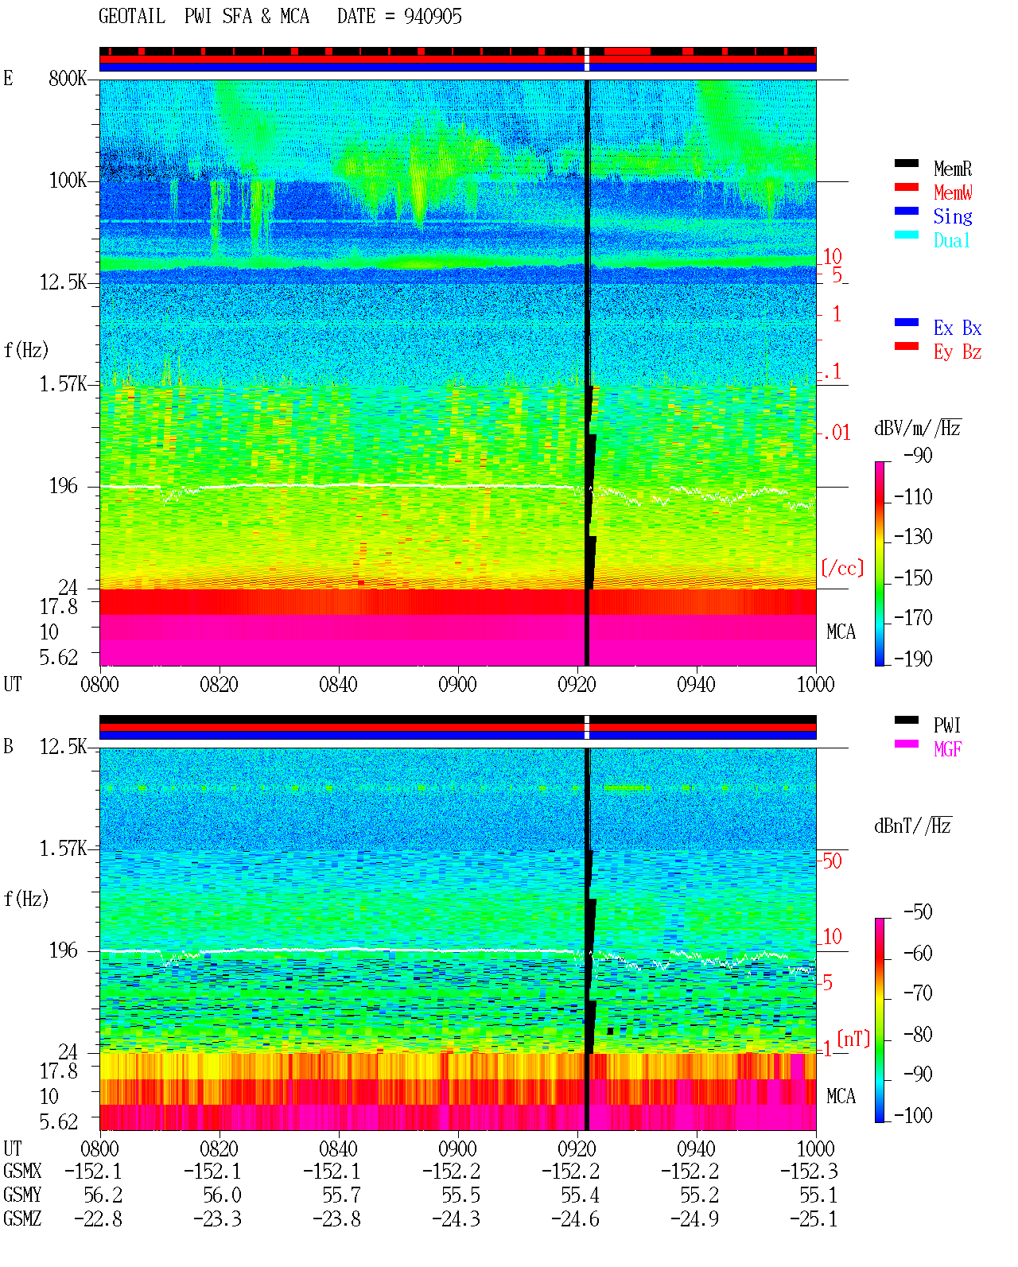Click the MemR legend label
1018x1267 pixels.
tap(952, 169)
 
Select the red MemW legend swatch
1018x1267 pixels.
tap(906, 187)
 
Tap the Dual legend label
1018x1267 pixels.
tap(951, 241)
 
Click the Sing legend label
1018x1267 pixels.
tap(952, 216)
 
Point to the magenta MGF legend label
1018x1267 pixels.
tap(947, 749)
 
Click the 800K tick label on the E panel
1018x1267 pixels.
tap(67, 78)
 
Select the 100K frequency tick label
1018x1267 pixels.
tap(67, 181)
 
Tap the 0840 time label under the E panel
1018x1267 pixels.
tap(339, 685)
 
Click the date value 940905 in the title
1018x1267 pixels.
tap(433, 17)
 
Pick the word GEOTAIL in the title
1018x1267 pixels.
tap(132, 17)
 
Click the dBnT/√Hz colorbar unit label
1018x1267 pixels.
tap(913, 826)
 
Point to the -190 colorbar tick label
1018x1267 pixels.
tap(913, 659)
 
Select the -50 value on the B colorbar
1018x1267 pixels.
tap(918, 912)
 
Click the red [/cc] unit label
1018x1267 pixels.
tap(842, 568)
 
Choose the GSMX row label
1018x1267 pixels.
tap(22, 1171)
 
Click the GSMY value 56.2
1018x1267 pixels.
tap(103, 1195)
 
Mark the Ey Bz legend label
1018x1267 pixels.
tap(958, 352)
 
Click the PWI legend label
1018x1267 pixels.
tap(946, 725)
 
